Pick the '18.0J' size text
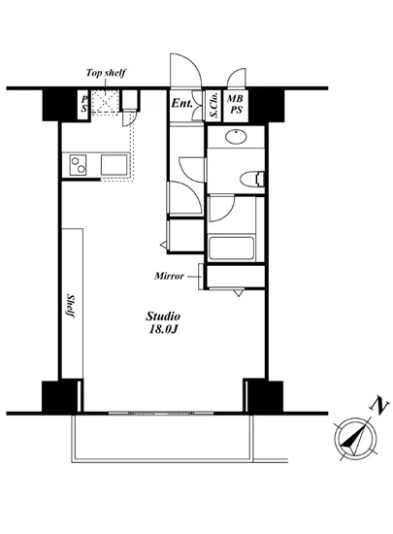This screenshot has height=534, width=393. pos(163,332)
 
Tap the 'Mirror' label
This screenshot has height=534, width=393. pos(171,276)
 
